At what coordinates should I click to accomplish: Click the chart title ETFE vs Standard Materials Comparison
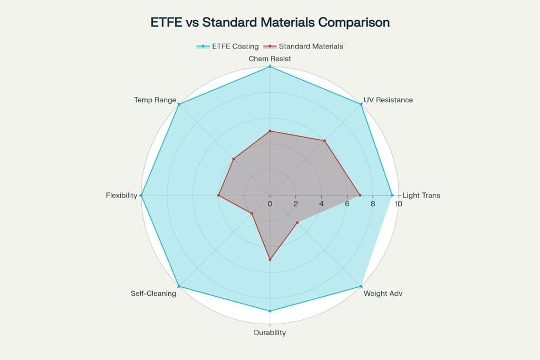(x=269, y=23)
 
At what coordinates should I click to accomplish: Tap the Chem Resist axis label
(x=270, y=59)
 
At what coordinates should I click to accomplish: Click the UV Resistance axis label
(x=388, y=100)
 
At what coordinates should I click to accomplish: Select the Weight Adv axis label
(x=383, y=293)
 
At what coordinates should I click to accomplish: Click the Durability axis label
(x=270, y=333)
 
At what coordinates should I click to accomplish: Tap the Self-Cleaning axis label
(x=153, y=293)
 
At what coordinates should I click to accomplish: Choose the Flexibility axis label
(x=122, y=195)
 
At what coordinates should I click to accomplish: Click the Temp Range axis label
(x=155, y=100)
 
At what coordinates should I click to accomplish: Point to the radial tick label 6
(x=347, y=204)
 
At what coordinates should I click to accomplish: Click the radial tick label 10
(x=398, y=204)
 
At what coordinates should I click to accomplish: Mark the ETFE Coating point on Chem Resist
(x=270, y=66)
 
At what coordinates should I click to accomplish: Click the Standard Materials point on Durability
(x=270, y=259)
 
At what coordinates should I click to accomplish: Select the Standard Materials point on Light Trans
(x=360, y=196)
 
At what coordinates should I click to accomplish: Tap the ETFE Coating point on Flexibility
(x=141, y=196)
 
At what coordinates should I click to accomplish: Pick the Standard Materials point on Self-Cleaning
(x=252, y=213)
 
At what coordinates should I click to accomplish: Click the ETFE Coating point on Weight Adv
(x=361, y=286)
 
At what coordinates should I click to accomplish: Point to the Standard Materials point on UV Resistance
(x=325, y=141)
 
